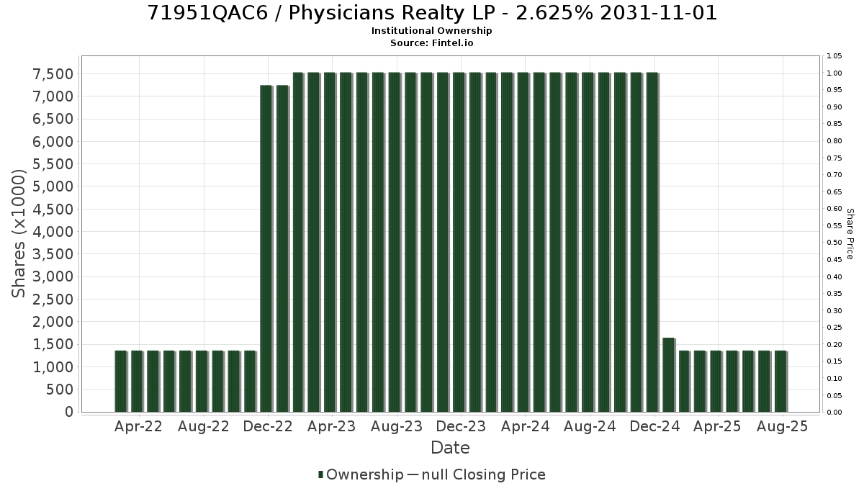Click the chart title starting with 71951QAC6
coord(432,13)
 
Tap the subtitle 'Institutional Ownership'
coord(431,31)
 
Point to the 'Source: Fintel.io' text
coord(431,42)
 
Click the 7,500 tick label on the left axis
coord(53,74)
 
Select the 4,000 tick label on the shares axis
coord(53,232)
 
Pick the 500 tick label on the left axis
coord(60,390)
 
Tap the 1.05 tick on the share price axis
coord(834,56)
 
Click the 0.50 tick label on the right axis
coord(834,243)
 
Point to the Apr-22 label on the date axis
coord(138,426)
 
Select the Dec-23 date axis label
coord(461,426)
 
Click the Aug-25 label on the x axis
coord(782,426)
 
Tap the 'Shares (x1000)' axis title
coord(19,233)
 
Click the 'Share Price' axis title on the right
coord(850,234)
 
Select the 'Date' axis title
coord(450,448)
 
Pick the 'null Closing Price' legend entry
coord(483,474)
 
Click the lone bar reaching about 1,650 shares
coord(668,375)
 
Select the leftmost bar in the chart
coord(121,382)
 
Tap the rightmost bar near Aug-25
coord(780,382)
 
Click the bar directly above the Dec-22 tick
coord(266,248)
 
